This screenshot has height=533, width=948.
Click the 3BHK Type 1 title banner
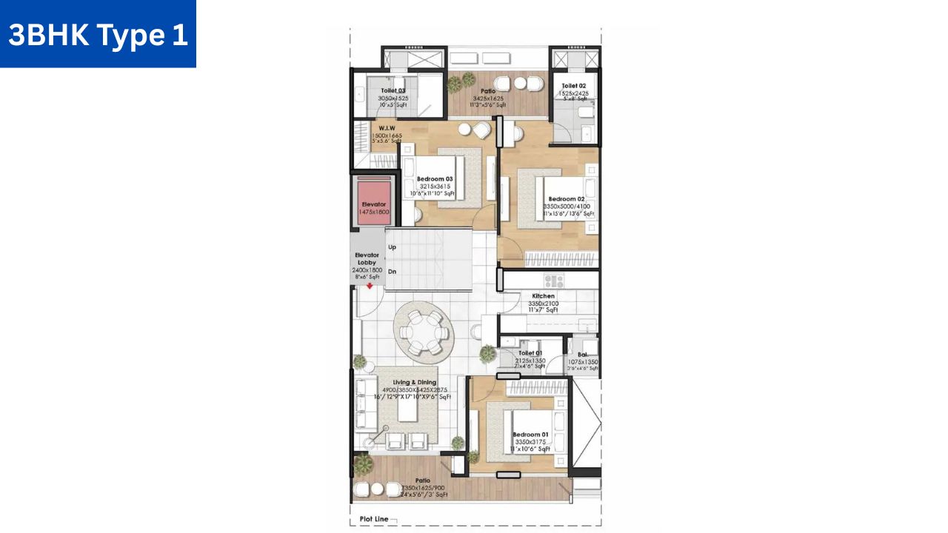[98, 34]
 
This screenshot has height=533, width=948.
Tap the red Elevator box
[374, 201]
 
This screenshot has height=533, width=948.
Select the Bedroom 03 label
[434, 179]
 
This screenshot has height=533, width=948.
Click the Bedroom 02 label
[567, 199]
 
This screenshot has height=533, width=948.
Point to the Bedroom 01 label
[530, 435]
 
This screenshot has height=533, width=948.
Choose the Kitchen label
[543, 296]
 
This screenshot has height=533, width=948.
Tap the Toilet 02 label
[574, 86]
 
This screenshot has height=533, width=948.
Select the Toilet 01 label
[530, 354]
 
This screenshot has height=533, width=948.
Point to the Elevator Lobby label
[367, 258]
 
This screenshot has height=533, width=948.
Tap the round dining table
[421, 332]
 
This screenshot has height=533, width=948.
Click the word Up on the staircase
[392, 247]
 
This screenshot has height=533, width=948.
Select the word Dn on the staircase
[392, 271]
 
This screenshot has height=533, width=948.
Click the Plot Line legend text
[374, 520]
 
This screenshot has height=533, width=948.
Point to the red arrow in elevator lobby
[370, 285]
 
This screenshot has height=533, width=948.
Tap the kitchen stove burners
[554, 281]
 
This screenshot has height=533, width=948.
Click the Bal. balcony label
[582, 355]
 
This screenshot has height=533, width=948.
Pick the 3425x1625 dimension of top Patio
[487, 98]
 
